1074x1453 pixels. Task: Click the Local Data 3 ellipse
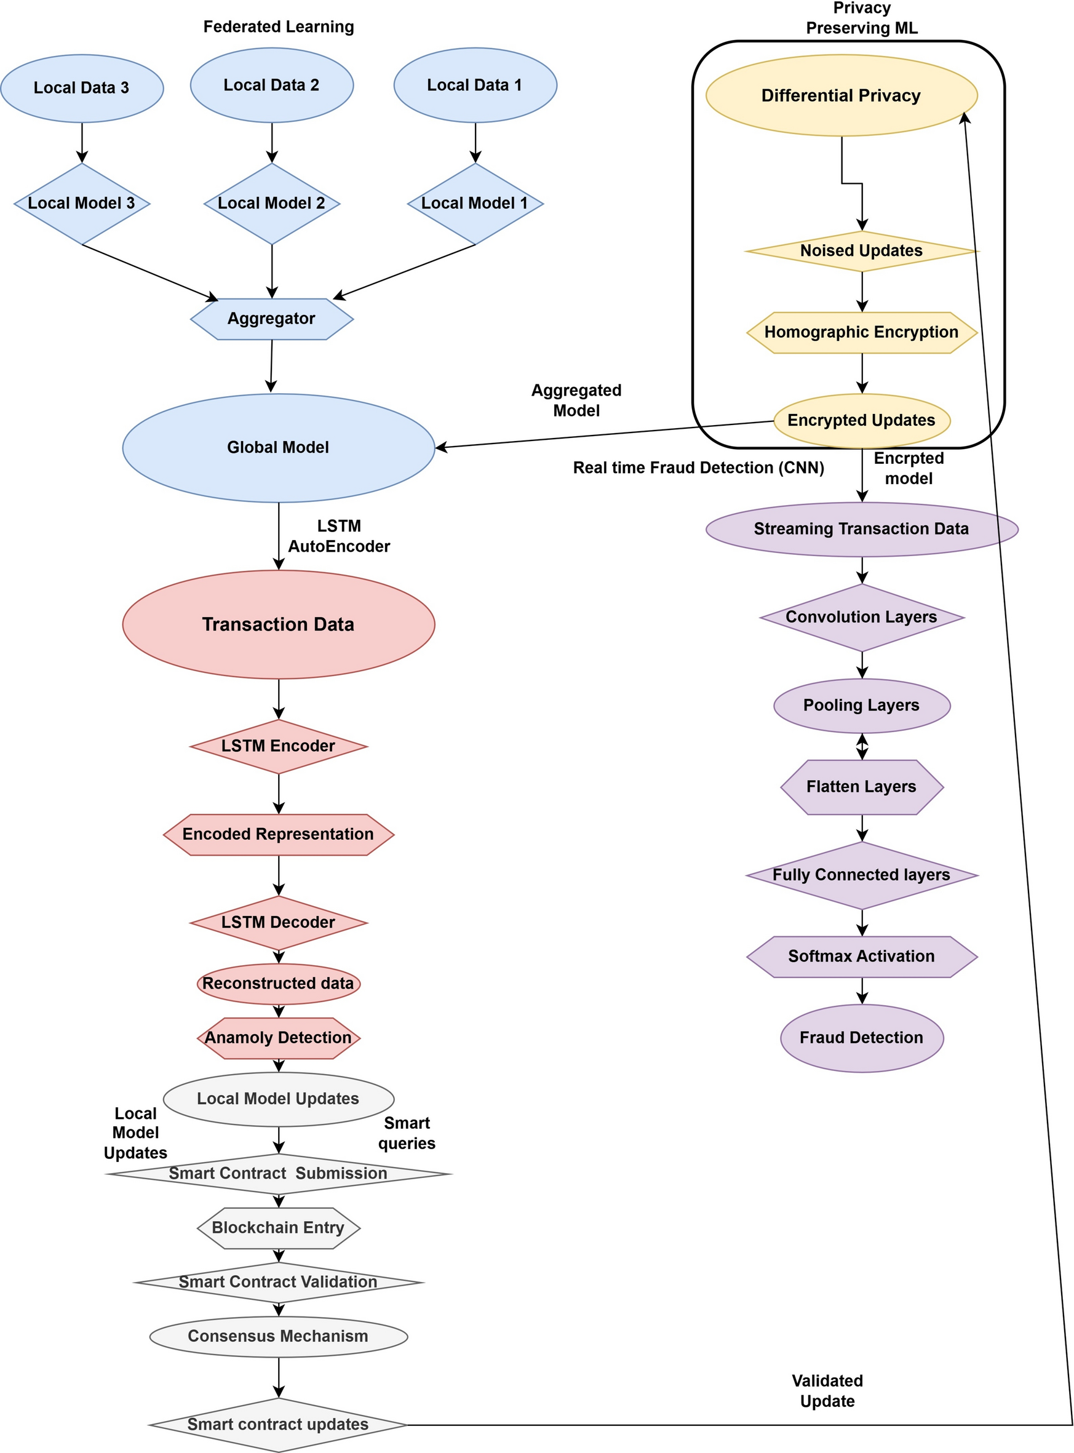pos(82,88)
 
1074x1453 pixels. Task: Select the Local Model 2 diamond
pos(272,204)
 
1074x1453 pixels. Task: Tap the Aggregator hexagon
pos(272,319)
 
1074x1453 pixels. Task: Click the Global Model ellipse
pos(278,447)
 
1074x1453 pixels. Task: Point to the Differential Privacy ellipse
pos(841,95)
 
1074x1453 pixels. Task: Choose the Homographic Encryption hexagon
pos(861,332)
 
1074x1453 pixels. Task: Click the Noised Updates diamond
pos(861,251)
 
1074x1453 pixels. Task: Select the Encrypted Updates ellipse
pos(861,420)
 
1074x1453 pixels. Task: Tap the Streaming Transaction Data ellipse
pos(861,528)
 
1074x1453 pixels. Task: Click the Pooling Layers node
pos(861,706)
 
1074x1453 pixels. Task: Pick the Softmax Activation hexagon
pos(861,957)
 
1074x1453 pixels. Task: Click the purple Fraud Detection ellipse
pos(861,1038)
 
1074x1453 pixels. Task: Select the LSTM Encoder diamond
pos(278,746)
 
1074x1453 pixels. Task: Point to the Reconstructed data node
pos(278,983)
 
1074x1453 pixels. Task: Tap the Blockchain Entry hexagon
pos(278,1227)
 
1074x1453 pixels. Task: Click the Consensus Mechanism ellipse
pos(278,1336)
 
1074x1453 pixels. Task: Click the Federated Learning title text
pos(278,26)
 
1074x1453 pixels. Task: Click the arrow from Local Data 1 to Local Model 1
pos(475,141)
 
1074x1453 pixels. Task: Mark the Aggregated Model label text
pos(576,400)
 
